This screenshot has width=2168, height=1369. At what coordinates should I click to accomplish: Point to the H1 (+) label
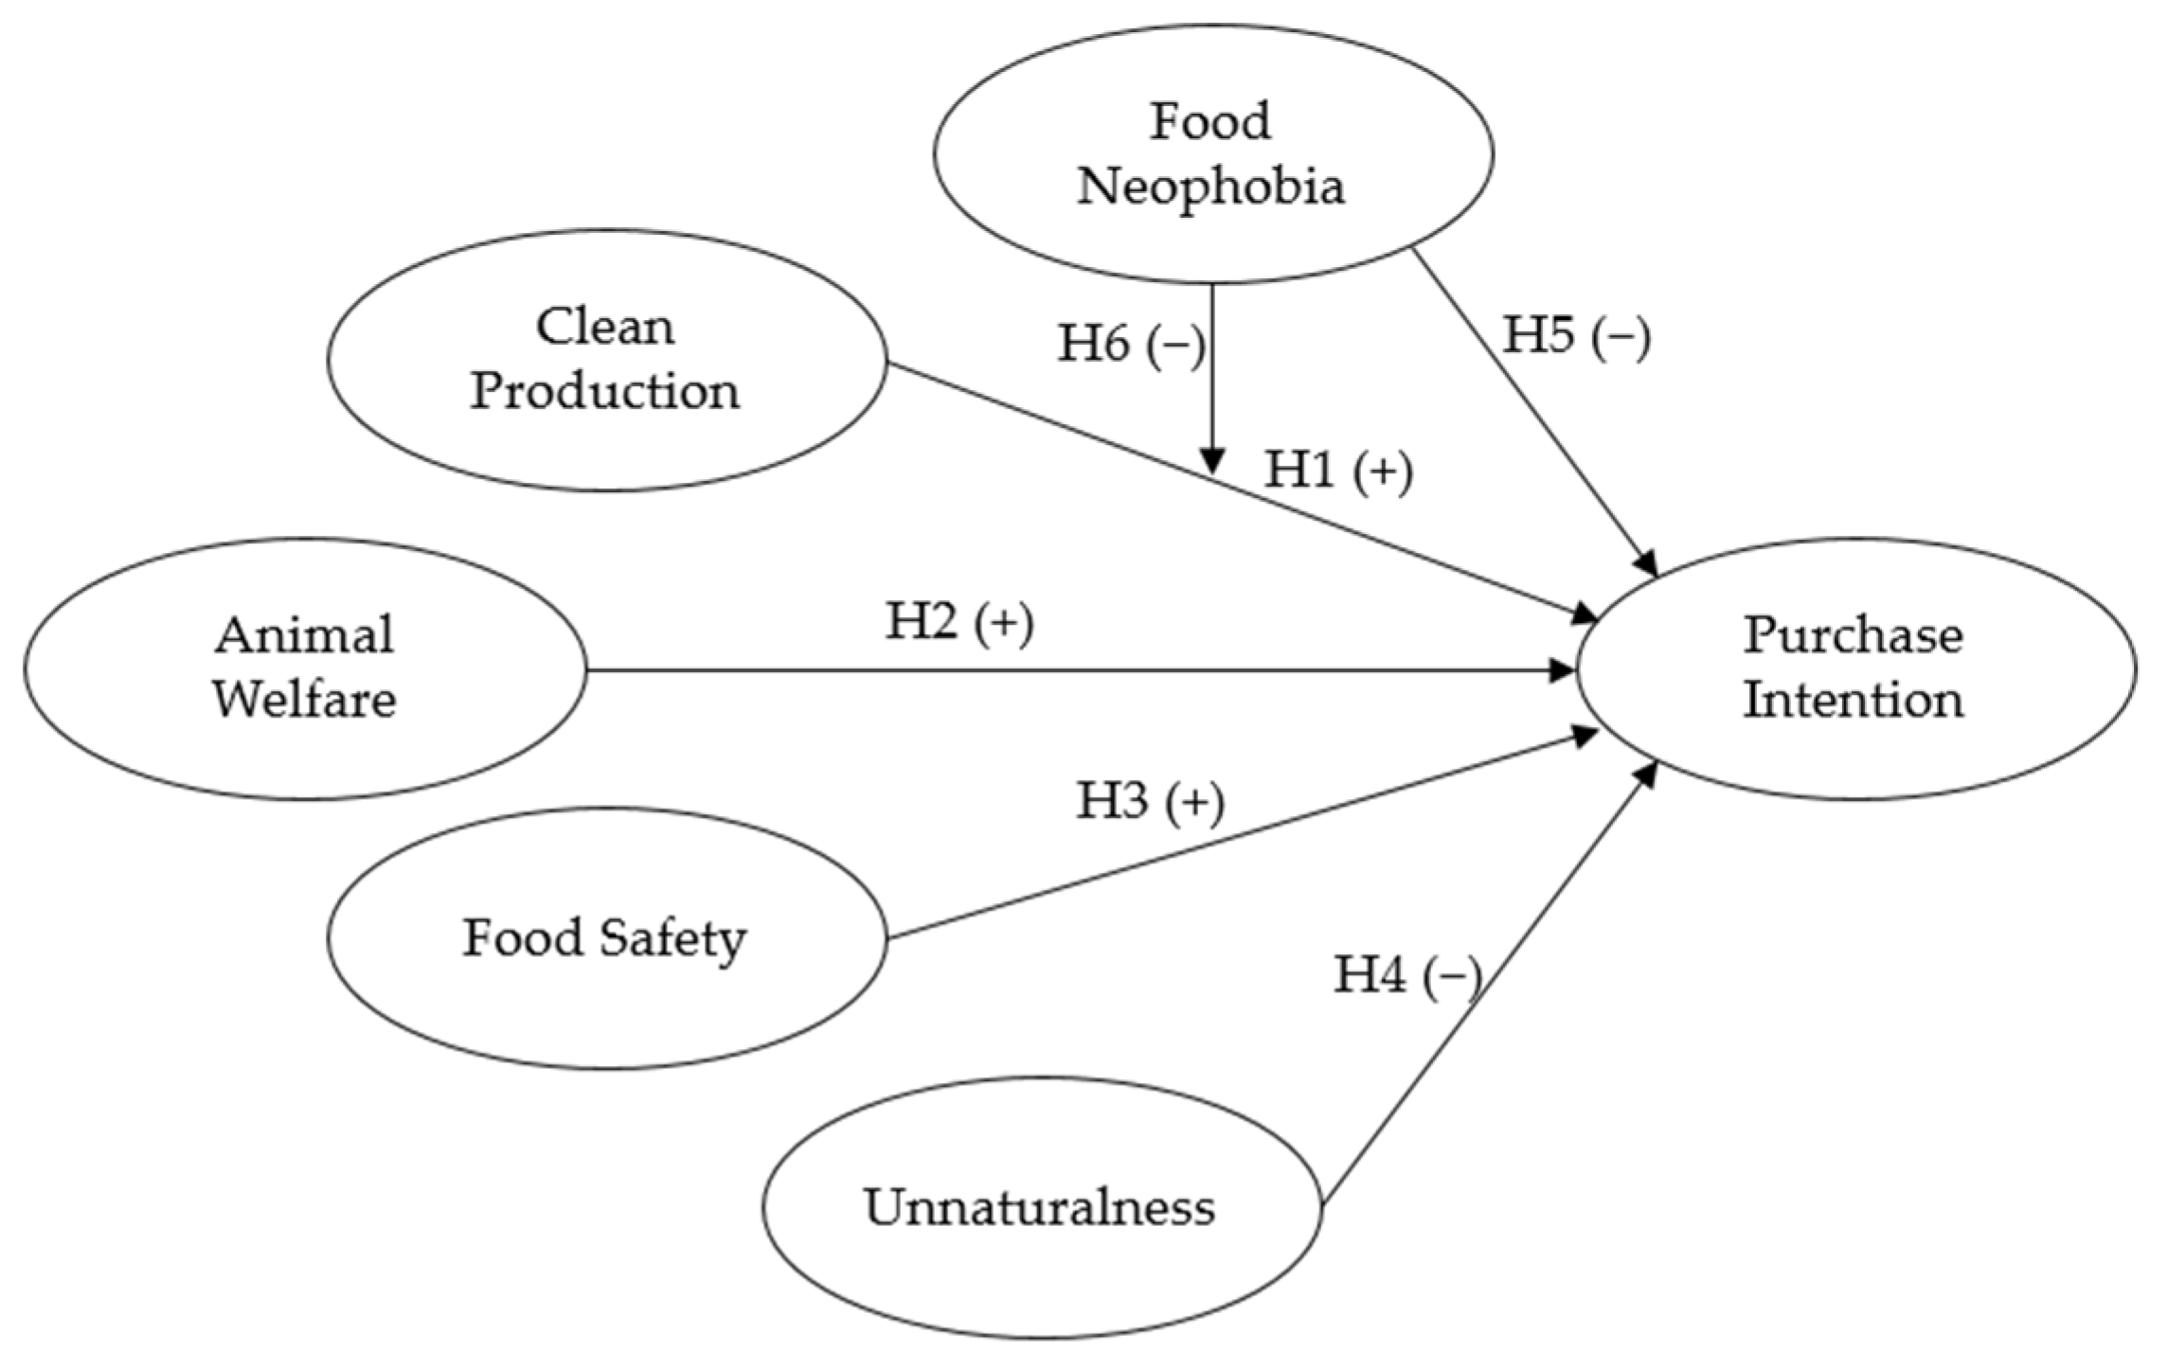1338,471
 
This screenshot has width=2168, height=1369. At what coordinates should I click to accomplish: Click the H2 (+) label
959,623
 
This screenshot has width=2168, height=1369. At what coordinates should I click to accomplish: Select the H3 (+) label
1150,801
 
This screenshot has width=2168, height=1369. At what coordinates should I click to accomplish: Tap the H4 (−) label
1407,974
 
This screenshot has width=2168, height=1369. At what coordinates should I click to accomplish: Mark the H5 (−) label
1577,336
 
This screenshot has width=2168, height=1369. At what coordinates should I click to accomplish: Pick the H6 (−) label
1131,344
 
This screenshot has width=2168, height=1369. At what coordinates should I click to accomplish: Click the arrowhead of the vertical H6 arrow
1212,461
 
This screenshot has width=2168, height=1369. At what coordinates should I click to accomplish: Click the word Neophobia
1210,186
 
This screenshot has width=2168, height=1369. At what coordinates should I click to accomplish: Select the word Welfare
304,700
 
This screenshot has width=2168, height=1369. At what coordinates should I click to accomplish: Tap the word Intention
1854,700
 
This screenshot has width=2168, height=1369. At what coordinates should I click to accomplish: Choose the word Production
605,391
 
